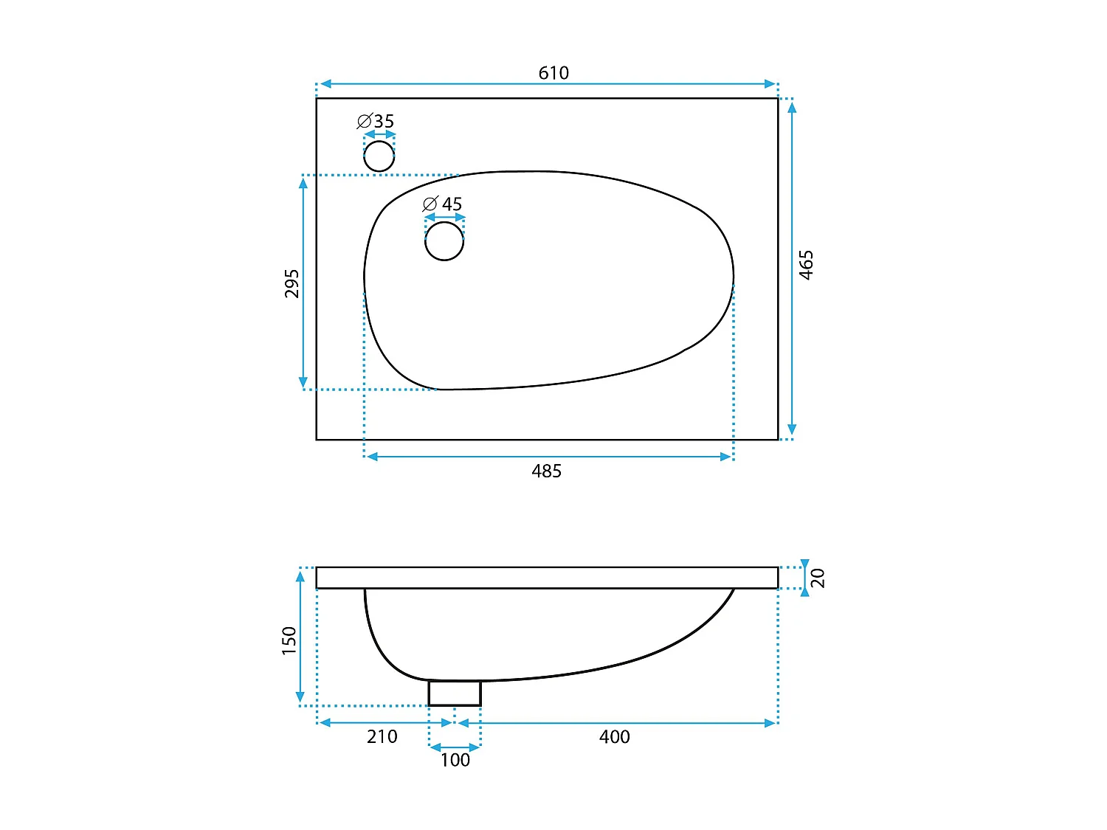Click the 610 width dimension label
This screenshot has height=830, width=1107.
(553, 73)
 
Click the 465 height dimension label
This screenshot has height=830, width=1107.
(807, 265)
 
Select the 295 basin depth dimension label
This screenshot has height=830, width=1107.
(292, 283)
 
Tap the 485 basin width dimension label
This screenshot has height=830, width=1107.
(546, 471)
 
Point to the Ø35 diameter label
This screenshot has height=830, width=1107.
(376, 121)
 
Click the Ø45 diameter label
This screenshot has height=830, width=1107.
(442, 204)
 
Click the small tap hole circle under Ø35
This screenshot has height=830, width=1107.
(379, 156)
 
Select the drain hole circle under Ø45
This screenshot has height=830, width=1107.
(444, 241)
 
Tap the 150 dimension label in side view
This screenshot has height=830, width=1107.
(289, 640)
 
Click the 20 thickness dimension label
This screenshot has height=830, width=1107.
(818, 578)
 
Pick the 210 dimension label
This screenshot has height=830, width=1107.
(382, 737)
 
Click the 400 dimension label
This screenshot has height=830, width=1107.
(614, 737)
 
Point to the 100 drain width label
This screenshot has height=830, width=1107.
(455, 761)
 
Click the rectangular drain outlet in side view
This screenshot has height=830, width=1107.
(455, 694)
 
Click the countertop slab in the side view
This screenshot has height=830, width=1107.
(547, 578)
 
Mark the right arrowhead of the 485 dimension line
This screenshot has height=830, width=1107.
(725, 457)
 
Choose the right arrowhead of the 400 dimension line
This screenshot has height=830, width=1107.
(770, 723)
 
